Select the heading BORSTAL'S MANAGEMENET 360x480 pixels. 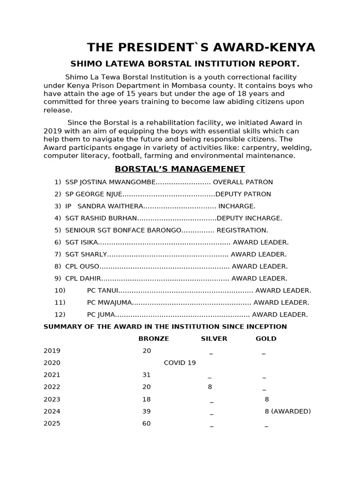click(x=180, y=169)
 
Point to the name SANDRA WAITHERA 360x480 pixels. click(x=110, y=206)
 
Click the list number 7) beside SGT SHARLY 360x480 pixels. click(x=58, y=255)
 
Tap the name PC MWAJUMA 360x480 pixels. click(x=109, y=303)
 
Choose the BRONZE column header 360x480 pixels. click(x=154, y=338)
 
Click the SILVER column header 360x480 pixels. click(x=214, y=338)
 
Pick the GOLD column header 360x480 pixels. click(x=266, y=338)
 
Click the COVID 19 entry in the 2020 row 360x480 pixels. click(x=180, y=363)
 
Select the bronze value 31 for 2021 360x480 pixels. click(x=147, y=375)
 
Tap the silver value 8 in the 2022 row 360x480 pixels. click(x=210, y=387)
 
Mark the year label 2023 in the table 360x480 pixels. click(x=52, y=399)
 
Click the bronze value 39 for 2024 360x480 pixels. click(x=147, y=412)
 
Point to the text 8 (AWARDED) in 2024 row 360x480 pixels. click(x=288, y=412)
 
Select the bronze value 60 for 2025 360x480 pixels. click(x=147, y=424)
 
